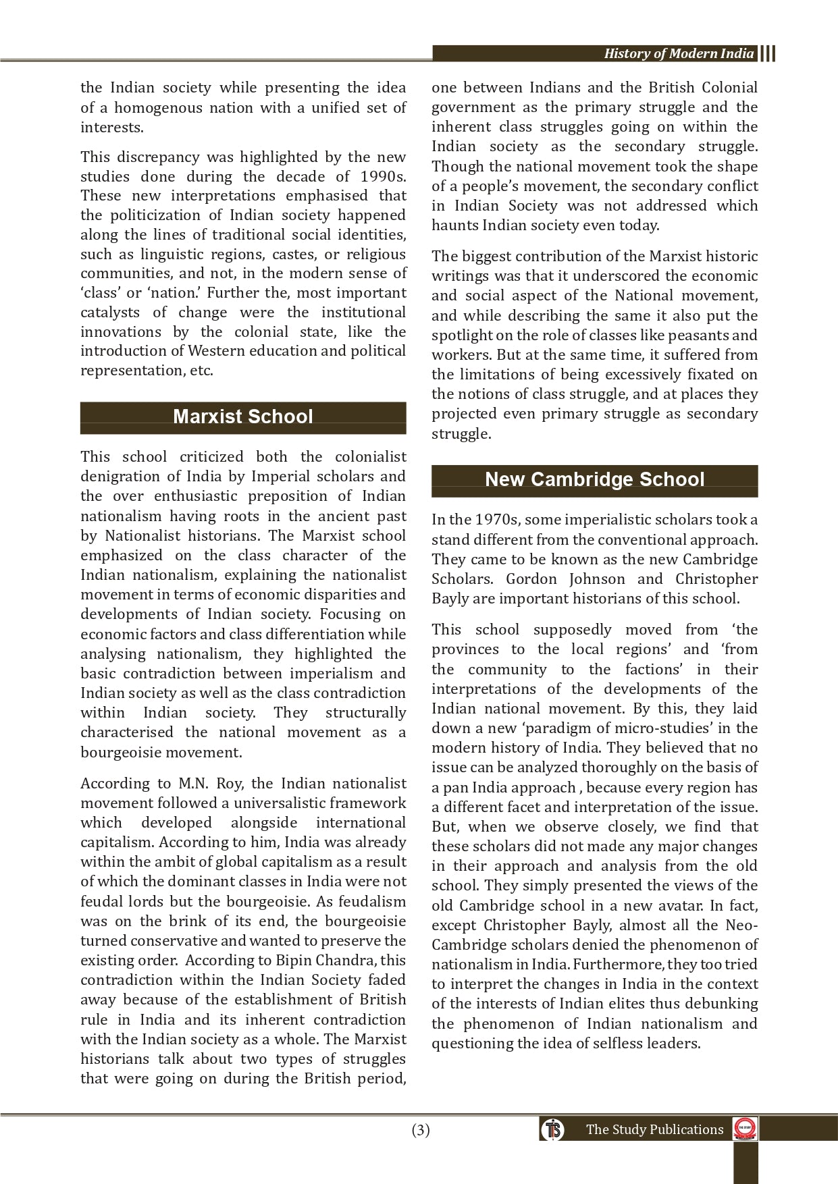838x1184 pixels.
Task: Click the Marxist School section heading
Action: pyautogui.click(x=243, y=416)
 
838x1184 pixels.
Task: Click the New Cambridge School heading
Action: pyautogui.click(x=594, y=479)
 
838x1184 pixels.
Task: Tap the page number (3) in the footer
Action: pyautogui.click(x=420, y=1130)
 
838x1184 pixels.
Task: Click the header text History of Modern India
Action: pyautogui.click(x=679, y=54)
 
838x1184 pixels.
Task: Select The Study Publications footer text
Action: pyautogui.click(x=654, y=1130)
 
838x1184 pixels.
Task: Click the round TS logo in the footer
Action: pyautogui.click(x=552, y=1129)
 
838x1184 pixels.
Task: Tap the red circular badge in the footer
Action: pyautogui.click(x=745, y=1129)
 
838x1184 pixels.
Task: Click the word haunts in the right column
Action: pyautogui.click(x=453, y=225)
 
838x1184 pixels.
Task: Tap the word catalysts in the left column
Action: pyautogui.click(x=110, y=313)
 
